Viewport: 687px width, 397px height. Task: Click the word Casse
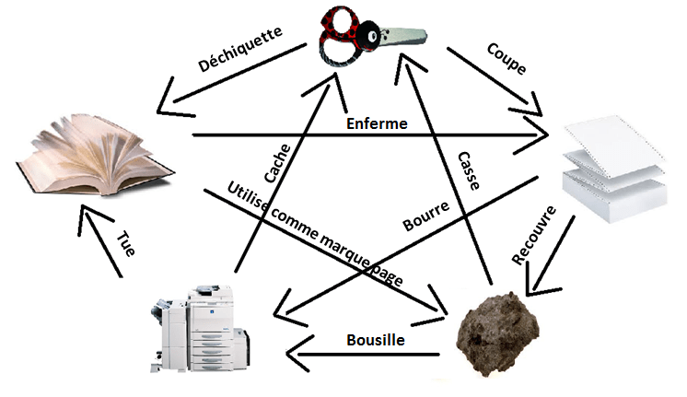coord(467,170)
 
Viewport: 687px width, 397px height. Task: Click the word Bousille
coord(377,340)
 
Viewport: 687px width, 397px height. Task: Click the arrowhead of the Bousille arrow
coord(293,351)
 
